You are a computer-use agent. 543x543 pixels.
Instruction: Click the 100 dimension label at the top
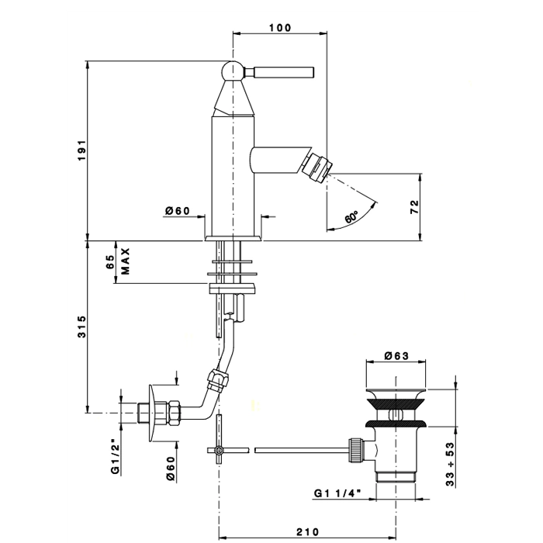(x=280, y=27)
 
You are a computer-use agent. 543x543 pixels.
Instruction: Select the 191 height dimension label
(x=81, y=150)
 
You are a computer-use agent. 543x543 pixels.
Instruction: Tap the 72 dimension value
(x=414, y=207)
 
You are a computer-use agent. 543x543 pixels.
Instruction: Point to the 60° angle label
(x=351, y=216)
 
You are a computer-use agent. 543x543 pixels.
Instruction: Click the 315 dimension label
(x=81, y=327)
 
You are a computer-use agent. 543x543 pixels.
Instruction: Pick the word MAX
(x=126, y=261)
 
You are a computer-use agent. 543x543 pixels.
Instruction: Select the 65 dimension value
(x=110, y=261)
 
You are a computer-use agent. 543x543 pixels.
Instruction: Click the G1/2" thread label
(x=115, y=455)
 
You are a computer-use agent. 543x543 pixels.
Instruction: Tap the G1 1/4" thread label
(x=337, y=493)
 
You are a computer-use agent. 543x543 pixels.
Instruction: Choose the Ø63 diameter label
(x=396, y=355)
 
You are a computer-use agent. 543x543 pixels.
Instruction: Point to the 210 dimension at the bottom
(x=307, y=531)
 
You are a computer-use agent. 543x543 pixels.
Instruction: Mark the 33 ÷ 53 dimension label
(x=450, y=465)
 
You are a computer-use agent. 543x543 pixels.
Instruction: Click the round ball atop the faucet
(x=233, y=71)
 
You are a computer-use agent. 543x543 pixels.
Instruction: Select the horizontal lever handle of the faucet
(x=278, y=72)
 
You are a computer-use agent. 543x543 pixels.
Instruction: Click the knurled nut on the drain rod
(x=355, y=450)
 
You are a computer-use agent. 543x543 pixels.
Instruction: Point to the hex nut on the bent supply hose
(x=217, y=381)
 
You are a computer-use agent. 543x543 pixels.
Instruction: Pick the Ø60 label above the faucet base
(x=178, y=210)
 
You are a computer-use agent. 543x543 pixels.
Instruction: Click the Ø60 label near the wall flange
(x=171, y=469)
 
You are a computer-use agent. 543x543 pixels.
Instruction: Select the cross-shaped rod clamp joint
(x=219, y=450)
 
